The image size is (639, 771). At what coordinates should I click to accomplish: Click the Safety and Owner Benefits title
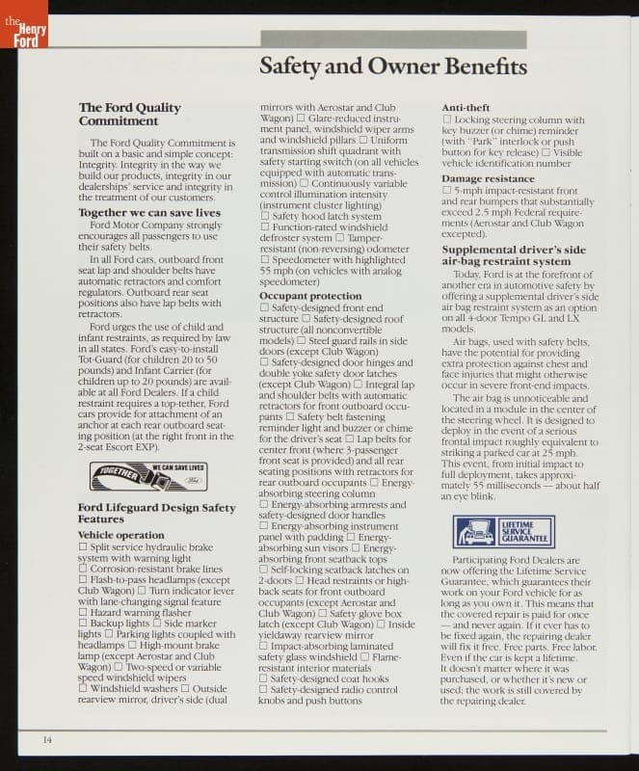pyautogui.click(x=393, y=66)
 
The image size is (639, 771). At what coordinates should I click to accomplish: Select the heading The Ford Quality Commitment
pyautogui.click(x=129, y=115)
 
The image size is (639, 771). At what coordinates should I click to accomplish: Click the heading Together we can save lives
pyautogui.click(x=149, y=212)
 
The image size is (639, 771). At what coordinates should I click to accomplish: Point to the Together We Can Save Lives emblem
pyautogui.click(x=147, y=475)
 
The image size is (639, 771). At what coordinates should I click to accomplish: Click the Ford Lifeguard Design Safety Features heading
pyautogui.click(x=156, y=514)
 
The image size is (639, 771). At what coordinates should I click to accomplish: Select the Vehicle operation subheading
pyautogui.click(x=120, y=535)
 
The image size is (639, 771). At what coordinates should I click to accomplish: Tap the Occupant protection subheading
pyautogui.click(x=310, y=296)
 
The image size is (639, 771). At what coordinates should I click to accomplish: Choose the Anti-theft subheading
pyautogui.click(x=466, y=107)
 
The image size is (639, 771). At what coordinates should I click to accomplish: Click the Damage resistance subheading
pyautogui.click(x=488, y=179)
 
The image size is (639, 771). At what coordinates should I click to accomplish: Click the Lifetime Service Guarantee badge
pyautogui.click(x=503, y=531)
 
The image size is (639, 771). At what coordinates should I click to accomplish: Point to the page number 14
pyautogui.click(x=46, y=739)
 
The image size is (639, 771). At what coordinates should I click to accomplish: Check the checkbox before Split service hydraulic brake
pyautogui.click(x=83, y=546)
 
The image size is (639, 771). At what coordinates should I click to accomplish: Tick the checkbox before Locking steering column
pyautogui.click(x=446, y=120)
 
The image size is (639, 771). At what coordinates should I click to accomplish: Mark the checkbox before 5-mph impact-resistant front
pyautogui.click(x=446, y=191)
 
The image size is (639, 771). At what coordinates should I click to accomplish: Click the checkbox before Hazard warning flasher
pyautogui.click(x=83, y=612)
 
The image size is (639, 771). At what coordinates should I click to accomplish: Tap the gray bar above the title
pyautogui.click(x=393, y=40)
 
